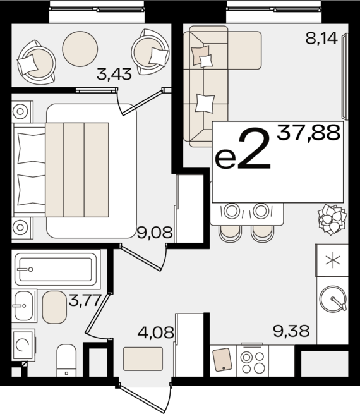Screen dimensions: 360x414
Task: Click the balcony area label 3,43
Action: [x=114, y=74]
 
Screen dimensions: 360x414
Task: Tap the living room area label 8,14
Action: [x=321, y=39]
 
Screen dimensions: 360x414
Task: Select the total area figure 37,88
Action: [x=308, y=133]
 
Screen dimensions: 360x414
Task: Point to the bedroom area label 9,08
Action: [x=155, y=233]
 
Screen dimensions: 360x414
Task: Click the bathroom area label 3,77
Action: [x=85, y=300]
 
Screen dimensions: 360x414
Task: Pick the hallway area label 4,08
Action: [x=155, y=332]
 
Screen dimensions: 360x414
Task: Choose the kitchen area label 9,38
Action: [x=291, y=331]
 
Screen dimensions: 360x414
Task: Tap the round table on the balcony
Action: [x=80, y=49]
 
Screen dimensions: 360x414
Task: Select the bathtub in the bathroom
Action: [x=56, y=269]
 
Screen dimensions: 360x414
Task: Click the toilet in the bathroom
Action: [x=66, y=360]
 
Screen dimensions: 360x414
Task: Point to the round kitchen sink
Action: [x=333, y=299]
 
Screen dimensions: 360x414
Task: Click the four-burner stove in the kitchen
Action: [x=253, y=361]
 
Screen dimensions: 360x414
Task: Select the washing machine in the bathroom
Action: [x=23, y=345]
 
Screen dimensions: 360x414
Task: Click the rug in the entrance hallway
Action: [x=143, y=359]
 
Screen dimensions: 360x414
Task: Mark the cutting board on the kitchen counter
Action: [x=222, y=360]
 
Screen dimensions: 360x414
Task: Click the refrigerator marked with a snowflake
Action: [x=332, y=260]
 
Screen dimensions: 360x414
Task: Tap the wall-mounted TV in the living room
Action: [x=345, y=76]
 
